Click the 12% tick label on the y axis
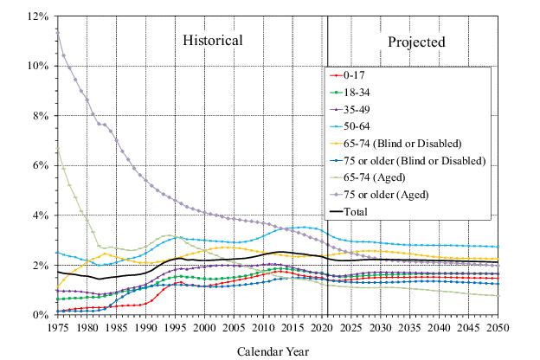click(37, 16)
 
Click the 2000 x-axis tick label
click(204, 330)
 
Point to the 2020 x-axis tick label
click(322, 330)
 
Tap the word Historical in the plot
click(212, 41)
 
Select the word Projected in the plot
click(416, 42)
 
